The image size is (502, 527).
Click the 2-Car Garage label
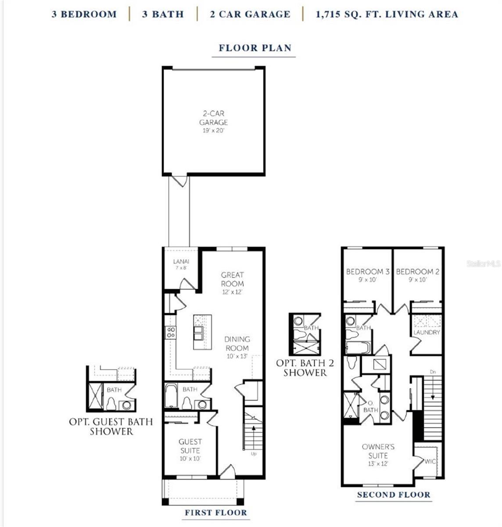point(214,119)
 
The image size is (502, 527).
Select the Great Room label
point(232,279)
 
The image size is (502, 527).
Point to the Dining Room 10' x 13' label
point(237,344)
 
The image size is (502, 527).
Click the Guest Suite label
point(190,446)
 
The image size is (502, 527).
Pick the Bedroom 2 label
point(417,272)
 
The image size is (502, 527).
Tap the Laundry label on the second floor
point(426,332)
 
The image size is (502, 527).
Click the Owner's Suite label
point(378,451)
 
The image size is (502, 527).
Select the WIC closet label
point(429,461)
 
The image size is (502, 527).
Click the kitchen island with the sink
point(202,332)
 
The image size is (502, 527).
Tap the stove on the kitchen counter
point(170,332)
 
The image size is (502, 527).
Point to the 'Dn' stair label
point(433,372)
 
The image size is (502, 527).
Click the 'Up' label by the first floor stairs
point(254,453)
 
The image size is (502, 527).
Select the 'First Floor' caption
point(215,513)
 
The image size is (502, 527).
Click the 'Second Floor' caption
point(393,495)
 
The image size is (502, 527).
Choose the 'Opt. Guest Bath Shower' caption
point(111,426)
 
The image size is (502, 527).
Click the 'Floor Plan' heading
point(255,48)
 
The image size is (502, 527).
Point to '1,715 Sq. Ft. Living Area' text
point(387,14)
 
